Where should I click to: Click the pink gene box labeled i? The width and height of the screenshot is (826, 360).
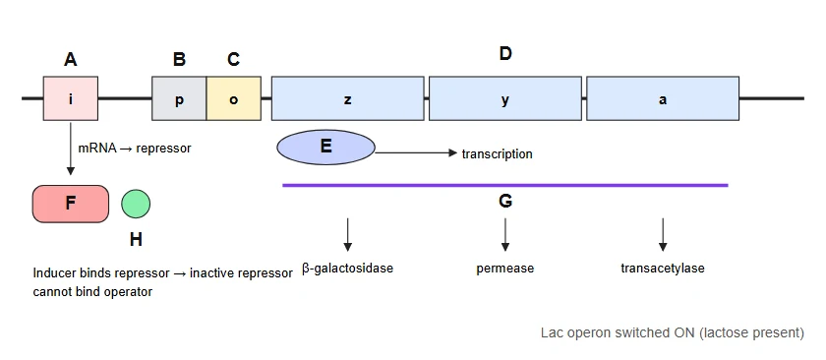click(x=71, y=98)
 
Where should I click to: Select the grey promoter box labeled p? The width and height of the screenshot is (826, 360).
click(x=179, y=98)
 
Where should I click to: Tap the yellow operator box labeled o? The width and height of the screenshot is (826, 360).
click(x=233, y=98)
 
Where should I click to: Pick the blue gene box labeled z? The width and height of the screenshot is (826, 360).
click(x=348, y=98)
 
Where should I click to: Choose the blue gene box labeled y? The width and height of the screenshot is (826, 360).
click(x=505, y=98)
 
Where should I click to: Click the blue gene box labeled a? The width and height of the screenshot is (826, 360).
click(x=663, y=98)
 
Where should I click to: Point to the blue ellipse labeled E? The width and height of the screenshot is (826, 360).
click(x=326, y=148)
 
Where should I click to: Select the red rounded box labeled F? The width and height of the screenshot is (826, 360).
click(x=71, y=204)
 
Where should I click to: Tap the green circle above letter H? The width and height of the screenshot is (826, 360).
click(x=136, y=204)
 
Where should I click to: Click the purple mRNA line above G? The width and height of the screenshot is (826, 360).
click(x=505, y=185)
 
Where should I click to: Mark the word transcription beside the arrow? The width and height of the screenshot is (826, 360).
click(x=497, y=153)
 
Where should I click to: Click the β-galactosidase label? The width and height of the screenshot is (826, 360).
click(x=348, y=269)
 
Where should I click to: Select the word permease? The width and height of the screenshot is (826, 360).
click(x=505, y=269)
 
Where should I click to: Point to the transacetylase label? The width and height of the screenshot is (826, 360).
click(x=663, y=269)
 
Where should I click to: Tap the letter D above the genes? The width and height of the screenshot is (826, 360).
click(x=505, y=53)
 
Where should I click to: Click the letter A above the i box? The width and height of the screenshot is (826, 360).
click(x=71, y=60)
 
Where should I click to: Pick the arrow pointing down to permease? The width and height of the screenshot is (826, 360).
click(x=505, y=234)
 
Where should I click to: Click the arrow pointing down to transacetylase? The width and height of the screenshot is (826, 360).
click(x=663, y=234)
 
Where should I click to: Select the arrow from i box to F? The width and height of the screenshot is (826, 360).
click(x=71, y=149)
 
